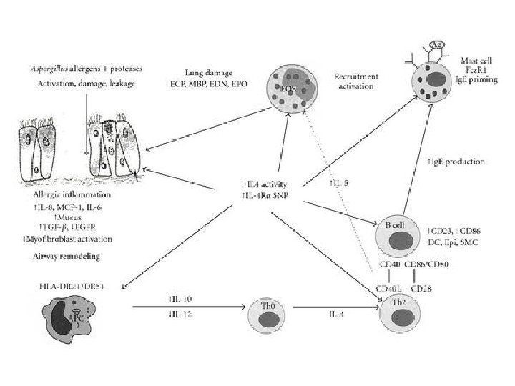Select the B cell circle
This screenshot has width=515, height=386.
[397, 233]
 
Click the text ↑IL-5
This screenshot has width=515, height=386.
[340, 183]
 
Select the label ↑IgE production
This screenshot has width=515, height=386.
[456, 162]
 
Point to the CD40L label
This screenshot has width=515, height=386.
[390, 289]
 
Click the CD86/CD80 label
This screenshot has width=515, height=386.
[426, 264]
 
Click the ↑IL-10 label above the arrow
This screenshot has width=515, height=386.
[180, 300]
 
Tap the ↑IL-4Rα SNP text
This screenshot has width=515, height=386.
[266, 194]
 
